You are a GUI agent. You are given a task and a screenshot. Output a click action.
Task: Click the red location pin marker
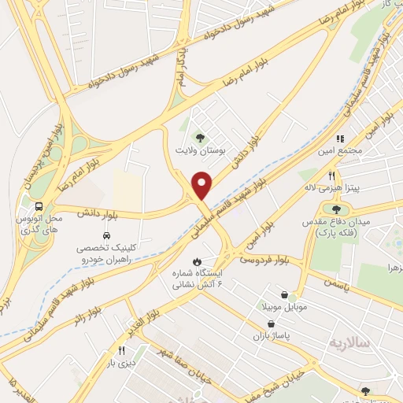(202, 186)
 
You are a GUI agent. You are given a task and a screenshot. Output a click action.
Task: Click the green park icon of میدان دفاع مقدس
(337, 209)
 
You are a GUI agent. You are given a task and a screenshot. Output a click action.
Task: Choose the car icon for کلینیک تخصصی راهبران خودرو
(105, 235)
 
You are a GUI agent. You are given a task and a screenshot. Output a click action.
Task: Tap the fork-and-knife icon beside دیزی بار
(122, 351)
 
